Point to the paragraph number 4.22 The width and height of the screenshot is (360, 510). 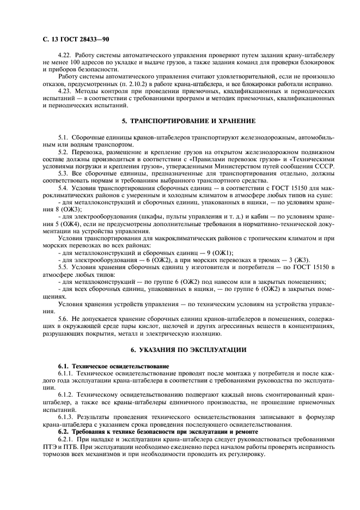point(65,56)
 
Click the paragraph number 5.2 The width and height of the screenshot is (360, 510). point(63,151)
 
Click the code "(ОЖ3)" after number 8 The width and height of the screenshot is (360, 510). point(72,208)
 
